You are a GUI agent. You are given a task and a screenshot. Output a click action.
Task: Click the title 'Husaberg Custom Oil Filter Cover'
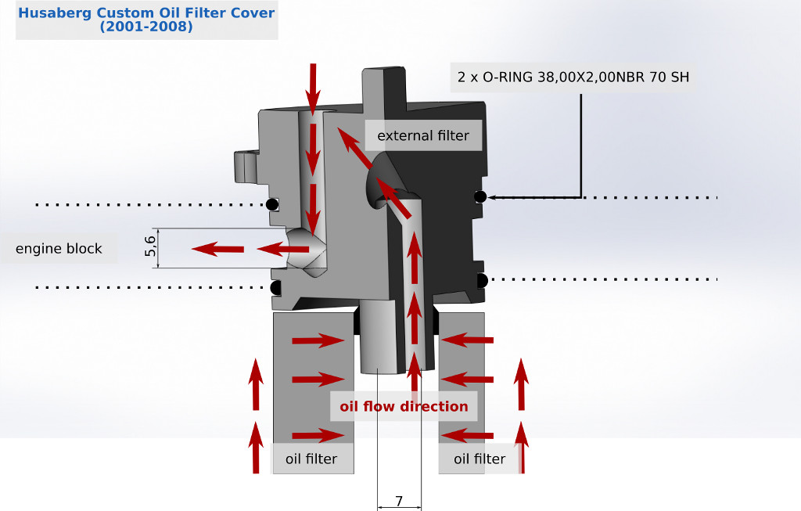point(146,13)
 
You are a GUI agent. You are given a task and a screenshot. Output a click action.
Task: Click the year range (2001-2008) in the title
point(146,26)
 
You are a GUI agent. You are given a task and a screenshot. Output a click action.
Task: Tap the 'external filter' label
point(423,135)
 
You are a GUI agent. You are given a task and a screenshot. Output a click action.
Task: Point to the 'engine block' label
point(59,249)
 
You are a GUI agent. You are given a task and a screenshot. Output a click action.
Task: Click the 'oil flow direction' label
point(404,406)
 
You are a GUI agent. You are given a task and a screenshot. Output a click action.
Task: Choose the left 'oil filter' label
point(311,459)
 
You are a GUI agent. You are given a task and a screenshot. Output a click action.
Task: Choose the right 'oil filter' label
point(480,459)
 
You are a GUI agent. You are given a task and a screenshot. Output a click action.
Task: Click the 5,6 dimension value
point(151,247)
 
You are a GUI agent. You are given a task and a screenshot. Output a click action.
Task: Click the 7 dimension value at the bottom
point(399,501)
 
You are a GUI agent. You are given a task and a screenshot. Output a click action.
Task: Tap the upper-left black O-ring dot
point(271,205)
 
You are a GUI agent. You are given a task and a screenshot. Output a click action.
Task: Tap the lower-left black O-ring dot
point(275,288)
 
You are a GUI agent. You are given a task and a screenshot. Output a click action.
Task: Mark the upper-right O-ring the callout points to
point(480,196)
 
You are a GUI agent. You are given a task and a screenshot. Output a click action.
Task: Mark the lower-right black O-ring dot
point(482,280)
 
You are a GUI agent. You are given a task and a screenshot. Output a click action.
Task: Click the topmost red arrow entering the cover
point(313,86)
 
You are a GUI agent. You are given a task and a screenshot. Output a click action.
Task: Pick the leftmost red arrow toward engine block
point(217,250)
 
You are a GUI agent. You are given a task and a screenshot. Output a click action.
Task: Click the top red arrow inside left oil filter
point(318,340)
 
